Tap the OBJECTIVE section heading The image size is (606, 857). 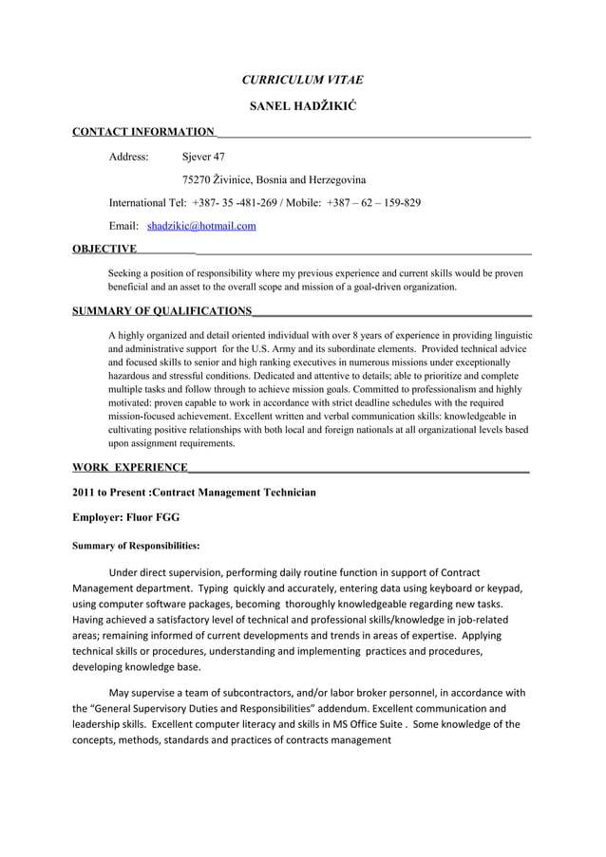(104, 250)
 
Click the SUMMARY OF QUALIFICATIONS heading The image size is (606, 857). (162, 310)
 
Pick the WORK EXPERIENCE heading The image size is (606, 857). (130, 468)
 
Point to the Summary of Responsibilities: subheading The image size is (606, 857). (136, 546)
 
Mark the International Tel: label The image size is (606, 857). (147, 203)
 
